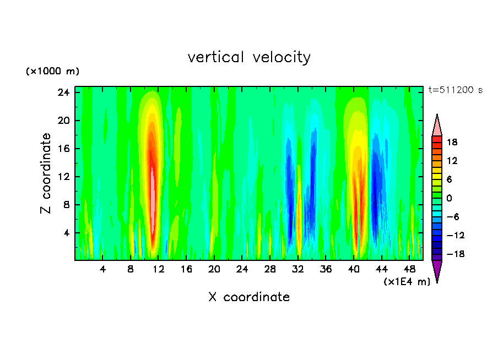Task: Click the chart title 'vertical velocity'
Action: [249, 57]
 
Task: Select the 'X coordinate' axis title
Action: [249, 297]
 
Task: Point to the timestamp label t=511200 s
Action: [456, 90]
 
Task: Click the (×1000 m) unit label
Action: [52, 72]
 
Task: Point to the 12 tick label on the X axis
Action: [159, 269]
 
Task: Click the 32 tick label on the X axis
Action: [299, 269]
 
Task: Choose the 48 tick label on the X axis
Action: [410, 269]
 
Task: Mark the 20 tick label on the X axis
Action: [214, 269]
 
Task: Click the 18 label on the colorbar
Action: [452, 142]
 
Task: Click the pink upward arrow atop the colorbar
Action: [437, 126]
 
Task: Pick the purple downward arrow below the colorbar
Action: [437, 270]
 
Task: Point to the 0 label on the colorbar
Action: [449, 198]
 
